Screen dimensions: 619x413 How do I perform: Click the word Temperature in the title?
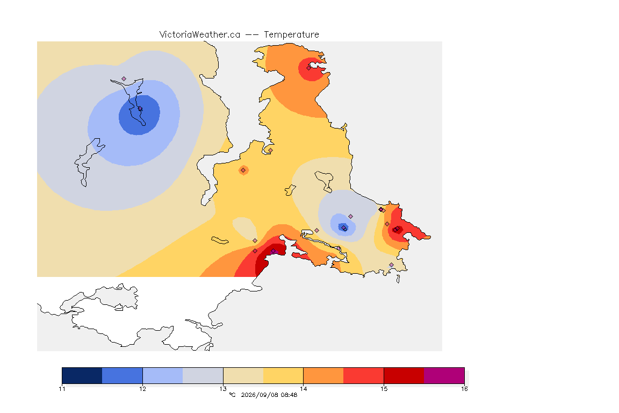(291, 35)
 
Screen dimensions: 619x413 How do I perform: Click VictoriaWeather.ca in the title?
(200, 35)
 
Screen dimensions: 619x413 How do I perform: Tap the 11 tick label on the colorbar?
(62, 389)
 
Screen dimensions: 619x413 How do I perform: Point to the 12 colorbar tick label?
(142, 389)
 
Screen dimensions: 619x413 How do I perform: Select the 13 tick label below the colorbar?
(223, 389)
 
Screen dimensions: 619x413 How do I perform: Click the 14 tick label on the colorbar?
(303, 389)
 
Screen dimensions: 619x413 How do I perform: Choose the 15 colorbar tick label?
(384, 389)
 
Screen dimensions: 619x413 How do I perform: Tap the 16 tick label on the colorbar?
(464, 389)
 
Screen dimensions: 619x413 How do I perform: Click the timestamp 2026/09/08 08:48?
(269, 395)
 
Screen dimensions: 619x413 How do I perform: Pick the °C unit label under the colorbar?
(232, 395)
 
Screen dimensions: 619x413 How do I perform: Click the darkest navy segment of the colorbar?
(82, 375)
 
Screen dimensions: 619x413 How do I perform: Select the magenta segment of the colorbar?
(444, 375)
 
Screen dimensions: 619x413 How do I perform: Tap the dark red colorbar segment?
(404, 375)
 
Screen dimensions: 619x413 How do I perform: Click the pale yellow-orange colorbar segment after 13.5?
(283, 375)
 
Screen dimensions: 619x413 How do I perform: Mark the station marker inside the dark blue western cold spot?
(140, 109)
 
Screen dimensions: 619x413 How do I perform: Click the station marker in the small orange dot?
(243, 170)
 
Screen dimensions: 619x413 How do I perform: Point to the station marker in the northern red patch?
(309, 68)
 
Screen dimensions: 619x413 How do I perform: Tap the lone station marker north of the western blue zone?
(124, 79)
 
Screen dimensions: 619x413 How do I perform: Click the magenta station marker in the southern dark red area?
(273, 251)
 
